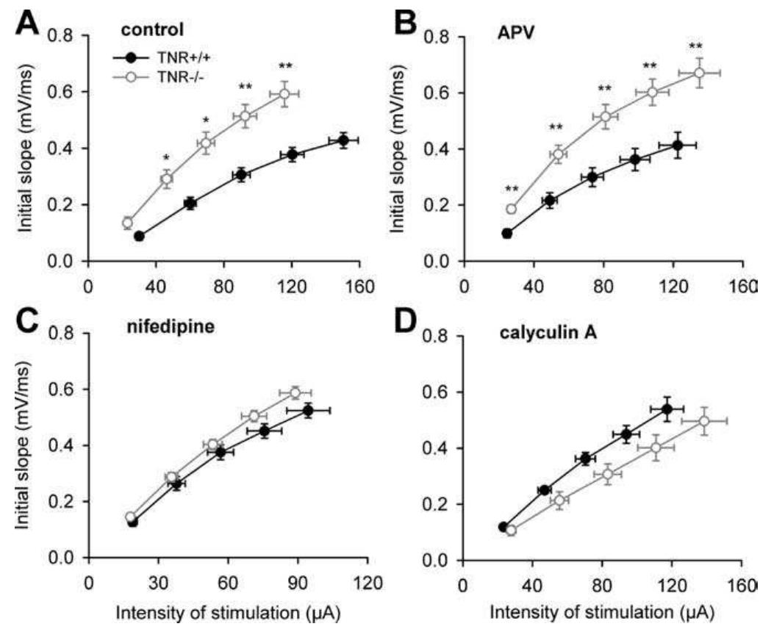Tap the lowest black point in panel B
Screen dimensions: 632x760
(506, 234)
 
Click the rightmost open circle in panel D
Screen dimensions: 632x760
(704, 421)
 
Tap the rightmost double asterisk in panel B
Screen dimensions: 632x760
(695, 47)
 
